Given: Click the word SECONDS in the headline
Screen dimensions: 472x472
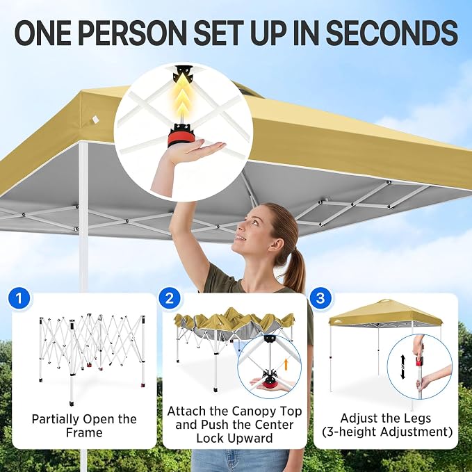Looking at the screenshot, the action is coord(392,33).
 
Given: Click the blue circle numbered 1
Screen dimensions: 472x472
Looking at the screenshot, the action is coord(19,298).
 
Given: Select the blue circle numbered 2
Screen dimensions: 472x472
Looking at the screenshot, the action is coord(170,298).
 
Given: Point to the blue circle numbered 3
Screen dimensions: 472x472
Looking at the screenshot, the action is coord(321,298).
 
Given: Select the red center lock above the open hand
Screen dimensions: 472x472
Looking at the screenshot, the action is coord(181,137).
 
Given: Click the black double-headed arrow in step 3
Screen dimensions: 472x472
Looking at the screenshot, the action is coord(403,367).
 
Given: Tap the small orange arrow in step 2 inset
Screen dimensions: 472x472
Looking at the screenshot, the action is coord(286,364).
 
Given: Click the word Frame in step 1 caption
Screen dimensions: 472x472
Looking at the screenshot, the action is coord(84,432).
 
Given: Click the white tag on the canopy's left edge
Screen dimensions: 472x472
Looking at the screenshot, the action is coord(95,119).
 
